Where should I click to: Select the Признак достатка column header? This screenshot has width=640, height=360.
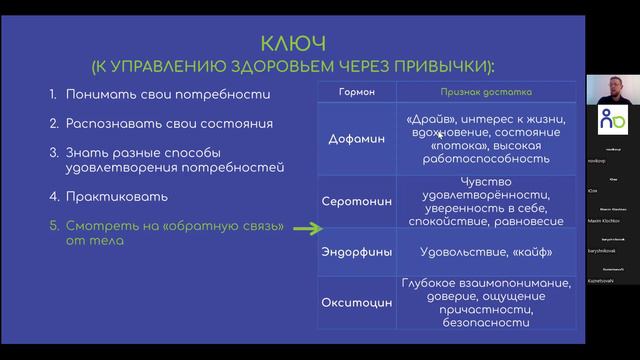click(486, 92)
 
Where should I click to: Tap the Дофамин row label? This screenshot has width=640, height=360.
click(357, 139)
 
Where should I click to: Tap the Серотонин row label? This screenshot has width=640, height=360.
click(357, 201)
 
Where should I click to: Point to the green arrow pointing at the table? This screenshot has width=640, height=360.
click(304, 229)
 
